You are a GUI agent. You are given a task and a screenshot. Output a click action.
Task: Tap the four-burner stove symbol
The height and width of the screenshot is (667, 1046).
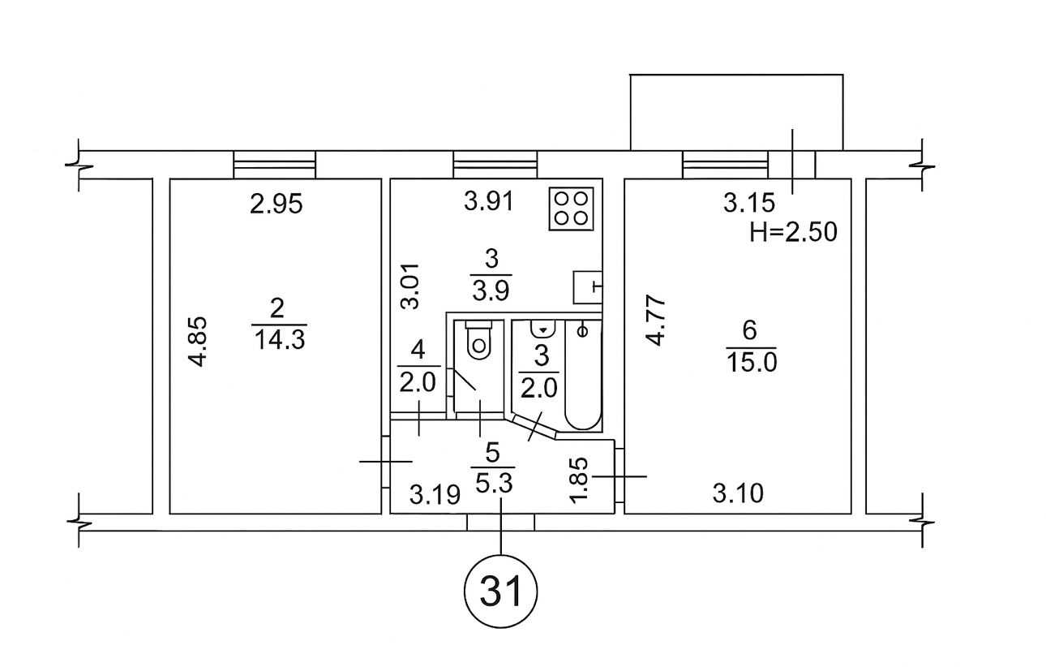572,208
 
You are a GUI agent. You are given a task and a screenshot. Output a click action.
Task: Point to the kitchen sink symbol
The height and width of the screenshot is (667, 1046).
586,286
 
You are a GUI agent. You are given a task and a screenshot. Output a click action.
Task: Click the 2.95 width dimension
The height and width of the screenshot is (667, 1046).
276,204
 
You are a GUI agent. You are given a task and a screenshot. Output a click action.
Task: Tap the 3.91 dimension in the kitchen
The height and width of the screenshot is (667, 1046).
489,201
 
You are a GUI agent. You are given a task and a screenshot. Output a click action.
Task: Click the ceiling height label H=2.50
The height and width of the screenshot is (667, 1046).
793,233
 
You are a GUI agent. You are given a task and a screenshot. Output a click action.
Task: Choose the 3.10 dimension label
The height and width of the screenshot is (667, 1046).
738,492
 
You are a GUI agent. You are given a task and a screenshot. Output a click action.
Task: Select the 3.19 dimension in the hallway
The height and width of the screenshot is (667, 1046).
435,493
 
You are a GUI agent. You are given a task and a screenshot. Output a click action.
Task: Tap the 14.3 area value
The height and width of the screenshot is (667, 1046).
278,338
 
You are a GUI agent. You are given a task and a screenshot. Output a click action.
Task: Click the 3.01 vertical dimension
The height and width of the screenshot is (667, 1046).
411,285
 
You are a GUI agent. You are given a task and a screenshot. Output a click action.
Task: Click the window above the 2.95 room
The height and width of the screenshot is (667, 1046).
274,165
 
